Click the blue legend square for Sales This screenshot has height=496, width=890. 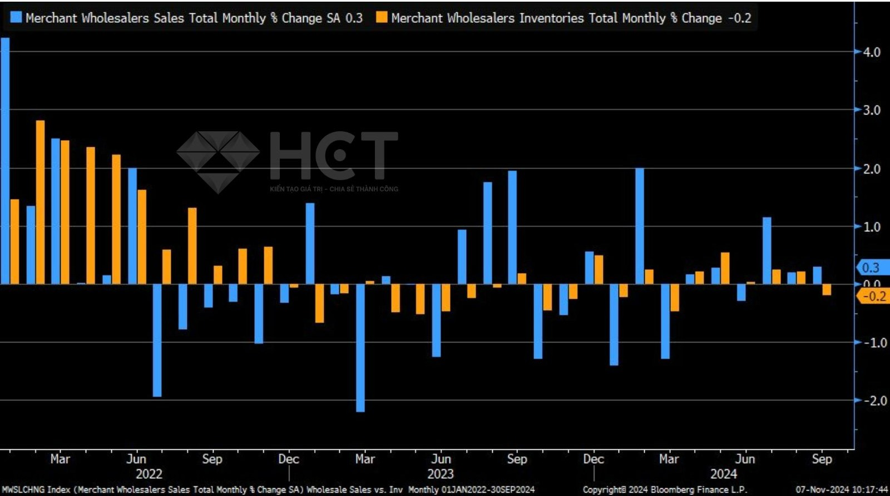pos(16,17)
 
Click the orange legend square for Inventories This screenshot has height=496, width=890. pos(382,17)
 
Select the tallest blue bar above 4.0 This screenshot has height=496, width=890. pos(5,161)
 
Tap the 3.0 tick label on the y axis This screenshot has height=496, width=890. pos(872,110)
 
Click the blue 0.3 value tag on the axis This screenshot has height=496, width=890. pos(870,267)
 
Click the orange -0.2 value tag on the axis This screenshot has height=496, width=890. pos(873,296)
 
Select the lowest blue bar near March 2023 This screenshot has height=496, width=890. pos(360,348)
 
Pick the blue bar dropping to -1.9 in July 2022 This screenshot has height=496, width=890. pos(157,340)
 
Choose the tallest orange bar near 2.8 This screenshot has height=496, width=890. pos(41,202)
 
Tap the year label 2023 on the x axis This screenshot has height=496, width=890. pos(441,474)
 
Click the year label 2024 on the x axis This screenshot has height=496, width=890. pos(724,474)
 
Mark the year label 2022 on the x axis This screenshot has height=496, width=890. pos(149,474)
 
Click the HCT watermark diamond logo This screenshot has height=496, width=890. pos(218,161)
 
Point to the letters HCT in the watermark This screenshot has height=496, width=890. pos(334,156)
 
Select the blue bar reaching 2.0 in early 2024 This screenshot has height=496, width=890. pos(640,226)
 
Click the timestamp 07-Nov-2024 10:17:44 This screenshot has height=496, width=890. pos(842,489)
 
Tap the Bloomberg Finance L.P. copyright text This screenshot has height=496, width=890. pos(665,489)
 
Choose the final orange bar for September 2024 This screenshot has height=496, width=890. pos(827,290)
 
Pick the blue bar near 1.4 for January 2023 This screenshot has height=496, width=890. pos(310,244)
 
